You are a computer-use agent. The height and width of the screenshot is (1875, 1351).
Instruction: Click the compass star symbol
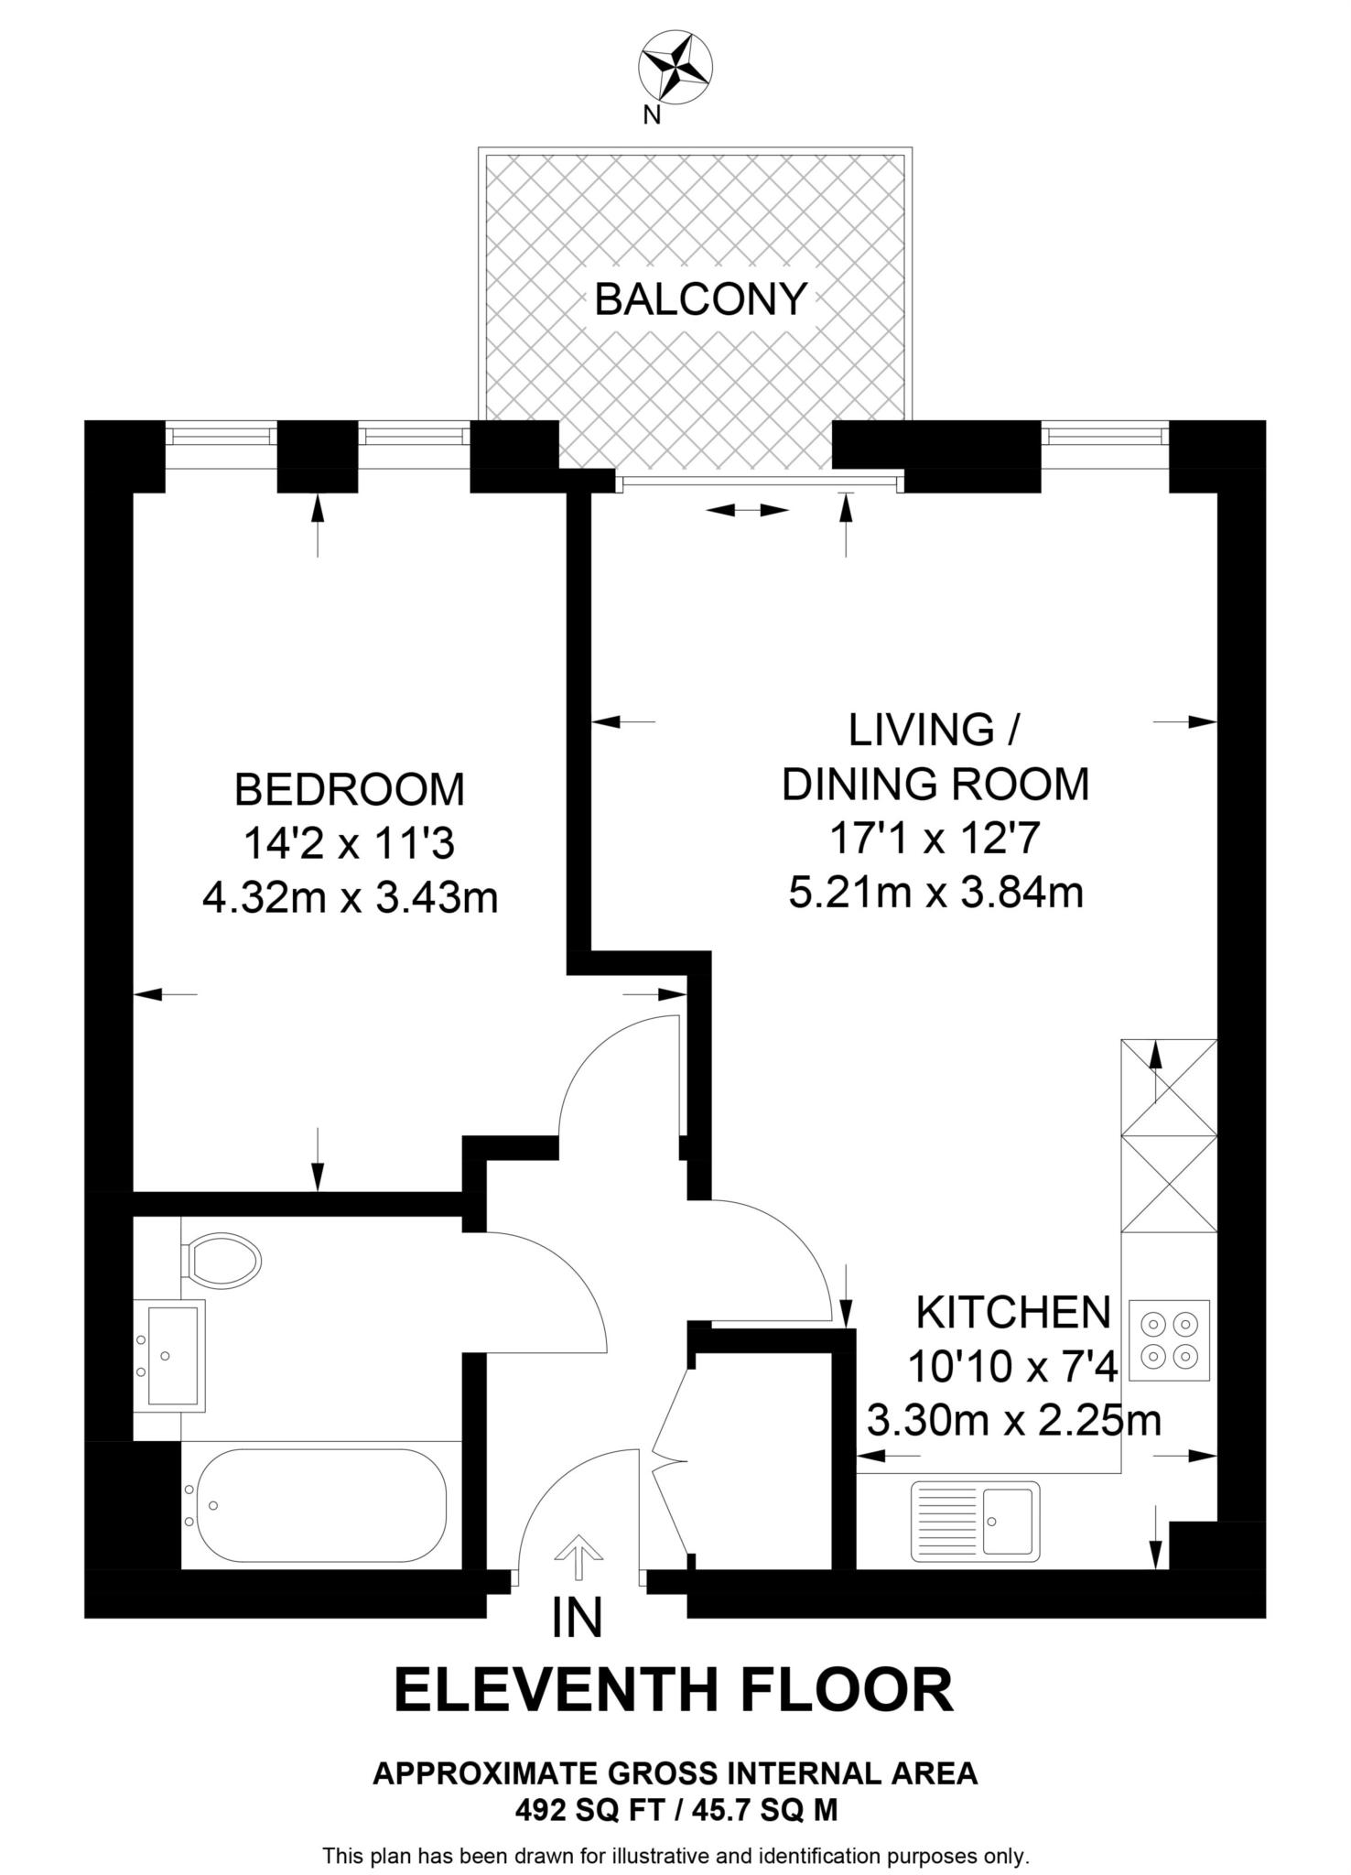pyautogui.click(x=675, y=65)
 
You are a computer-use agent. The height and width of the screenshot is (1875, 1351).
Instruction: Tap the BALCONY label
pyautogui.click(x=700, y=298)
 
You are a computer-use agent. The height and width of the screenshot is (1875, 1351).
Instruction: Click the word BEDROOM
pyautogui.click(x=350, y=789)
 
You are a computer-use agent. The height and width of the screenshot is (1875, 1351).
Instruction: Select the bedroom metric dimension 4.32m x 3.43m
pyautogui.click(x=350, y=897)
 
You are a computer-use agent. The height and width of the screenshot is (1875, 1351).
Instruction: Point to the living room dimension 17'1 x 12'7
pyautogui.click(x=935, y=837)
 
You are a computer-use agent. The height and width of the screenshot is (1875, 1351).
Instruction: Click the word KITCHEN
pyautogui.click(x=1013, y=1313)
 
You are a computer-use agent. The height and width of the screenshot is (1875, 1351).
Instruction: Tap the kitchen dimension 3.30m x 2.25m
pyautogui.click(x=1013, y=1421)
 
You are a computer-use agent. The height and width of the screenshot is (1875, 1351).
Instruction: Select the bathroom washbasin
pyautogui.click(x=170, y=1354)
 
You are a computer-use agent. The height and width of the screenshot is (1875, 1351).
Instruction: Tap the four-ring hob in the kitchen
pyautogui.click(x=1169, y=1339)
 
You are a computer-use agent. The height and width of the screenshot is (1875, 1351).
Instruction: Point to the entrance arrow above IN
pyautogui.click(x=578, y=1555)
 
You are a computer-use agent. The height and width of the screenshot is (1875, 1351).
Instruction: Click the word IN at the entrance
pyautogui.click(x=578, y=1618)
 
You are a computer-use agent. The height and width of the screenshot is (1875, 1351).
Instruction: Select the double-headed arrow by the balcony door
pyautogui.click(x=748, y=510)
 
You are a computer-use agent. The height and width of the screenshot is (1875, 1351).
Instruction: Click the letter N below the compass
pyautogui.click(x=652, y=115)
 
